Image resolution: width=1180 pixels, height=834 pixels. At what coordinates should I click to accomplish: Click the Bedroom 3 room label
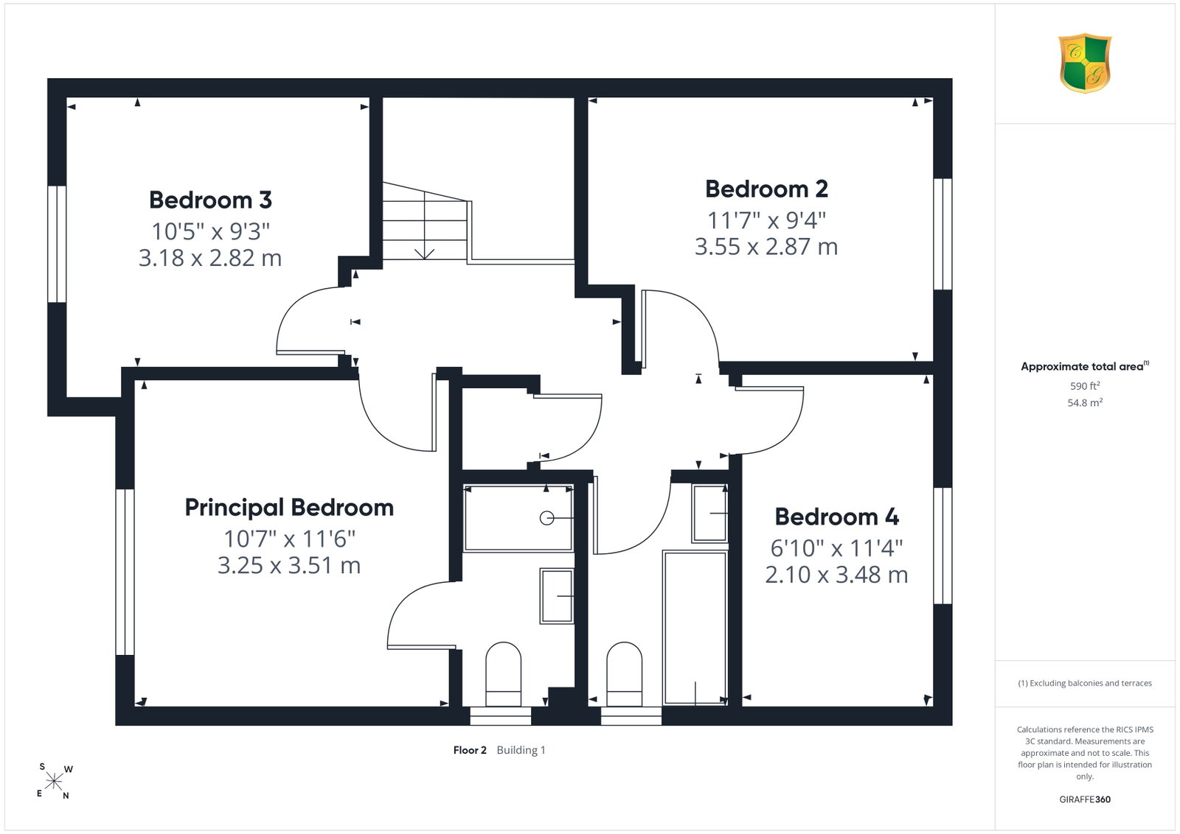pyautogui.click(x=210, y=200)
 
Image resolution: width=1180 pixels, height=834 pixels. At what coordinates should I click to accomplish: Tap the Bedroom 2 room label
pyautogui.click(x=766, y=189)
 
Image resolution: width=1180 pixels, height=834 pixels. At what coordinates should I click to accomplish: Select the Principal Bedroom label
pyautogui.click(x=289, y=508)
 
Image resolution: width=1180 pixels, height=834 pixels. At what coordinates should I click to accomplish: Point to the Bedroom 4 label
pyautogui.click(x=836, y=516)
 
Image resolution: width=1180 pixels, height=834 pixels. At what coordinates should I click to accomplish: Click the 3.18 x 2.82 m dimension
pyautogui.click(x=210, y=258)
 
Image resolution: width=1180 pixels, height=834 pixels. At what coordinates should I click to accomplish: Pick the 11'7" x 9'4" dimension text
pyautogui.click(x=766, y=220)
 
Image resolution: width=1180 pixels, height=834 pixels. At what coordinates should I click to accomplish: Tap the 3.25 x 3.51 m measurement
pyautogui.click(x=289, y=566)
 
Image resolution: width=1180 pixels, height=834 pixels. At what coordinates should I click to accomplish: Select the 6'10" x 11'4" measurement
pyautogui.click(x=836, y=548)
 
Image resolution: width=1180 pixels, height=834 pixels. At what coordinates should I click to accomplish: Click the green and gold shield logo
pyautogui.click(x=1085, y=63)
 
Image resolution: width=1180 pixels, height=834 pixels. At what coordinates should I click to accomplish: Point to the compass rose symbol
pyautogui.click(x=55, y=782)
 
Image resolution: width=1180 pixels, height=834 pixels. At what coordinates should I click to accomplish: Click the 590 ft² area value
pyautogui.click(x=1085, y=386)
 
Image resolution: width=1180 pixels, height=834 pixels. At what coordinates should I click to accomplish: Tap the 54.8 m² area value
pyautogui.click(x=1085, y=402)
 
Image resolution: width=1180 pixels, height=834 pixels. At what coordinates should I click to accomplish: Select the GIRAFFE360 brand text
pyautogui.click(x=1085, y=799)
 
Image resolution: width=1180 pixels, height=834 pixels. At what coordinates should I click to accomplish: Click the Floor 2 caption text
pyautogui.click(x=470, y=750)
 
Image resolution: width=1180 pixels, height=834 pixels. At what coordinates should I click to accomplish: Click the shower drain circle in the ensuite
pyautogui.click(x=546, y=518)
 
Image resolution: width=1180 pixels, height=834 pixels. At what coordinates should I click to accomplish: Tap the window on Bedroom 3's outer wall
pyautogui.click(x=57, y=244)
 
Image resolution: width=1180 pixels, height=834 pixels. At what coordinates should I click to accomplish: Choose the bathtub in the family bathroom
pyautogui.click(x=695, y=628)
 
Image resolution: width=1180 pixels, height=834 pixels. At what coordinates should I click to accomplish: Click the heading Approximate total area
pyautogui.click(x=1085, y=366)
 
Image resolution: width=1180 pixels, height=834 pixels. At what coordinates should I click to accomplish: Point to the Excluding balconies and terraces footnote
pyautogui.click(x=1085, y=683)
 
